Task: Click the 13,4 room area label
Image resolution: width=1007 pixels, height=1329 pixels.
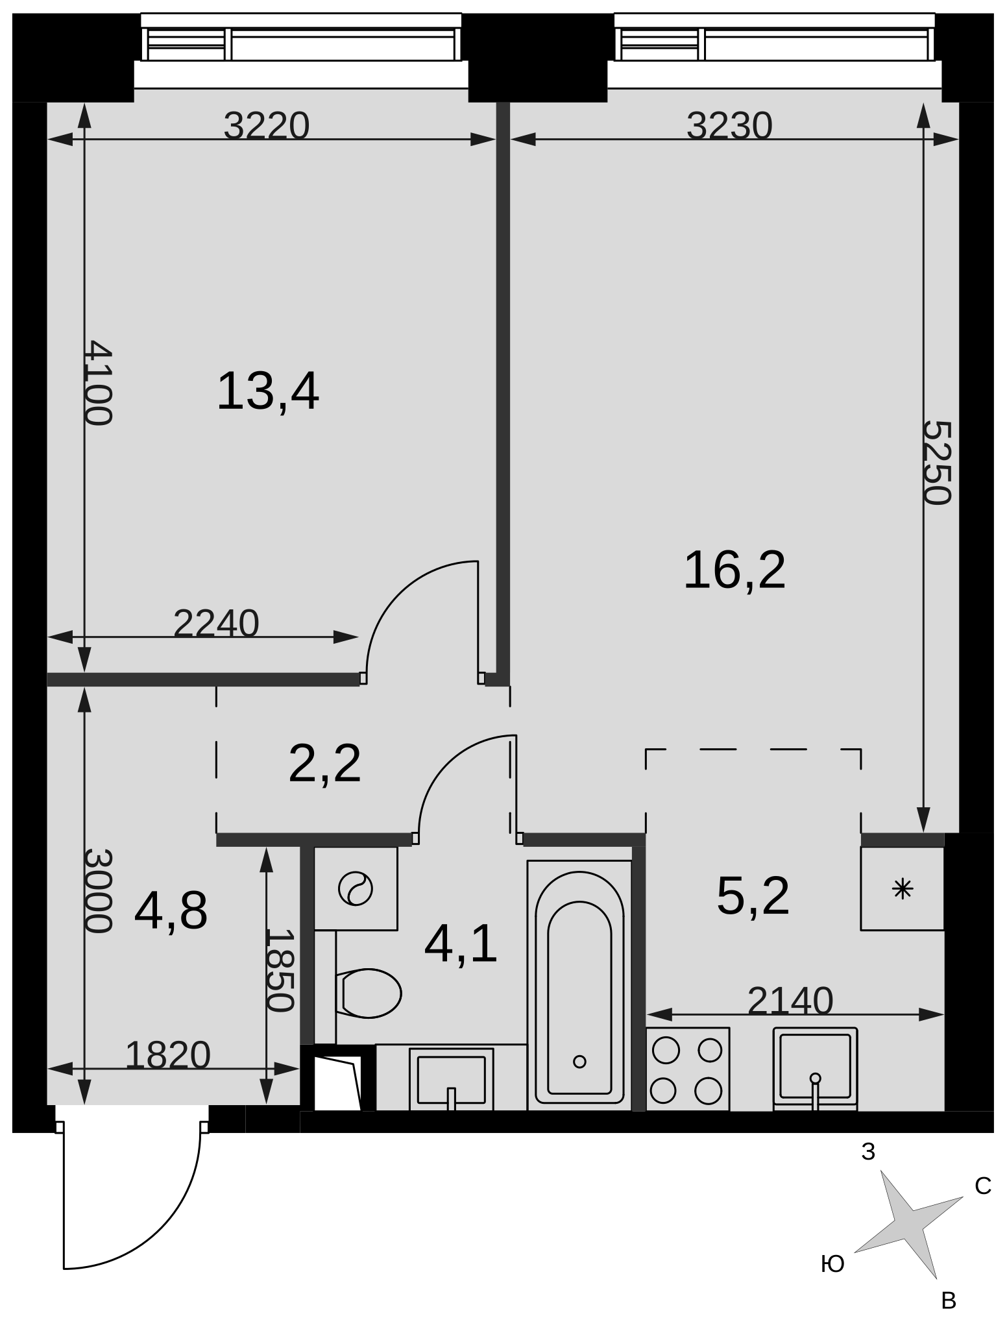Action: point(268,392)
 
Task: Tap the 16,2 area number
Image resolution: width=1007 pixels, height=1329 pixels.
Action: point(734,570)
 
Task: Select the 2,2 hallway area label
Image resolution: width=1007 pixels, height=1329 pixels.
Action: point(324,764)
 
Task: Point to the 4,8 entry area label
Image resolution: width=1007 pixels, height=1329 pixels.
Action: point(171,911)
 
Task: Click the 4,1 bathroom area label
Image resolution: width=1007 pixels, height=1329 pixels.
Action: point(461,945)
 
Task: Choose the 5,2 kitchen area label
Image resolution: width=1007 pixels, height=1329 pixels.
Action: point(753,896)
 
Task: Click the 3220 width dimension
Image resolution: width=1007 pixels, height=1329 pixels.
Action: point(267,126)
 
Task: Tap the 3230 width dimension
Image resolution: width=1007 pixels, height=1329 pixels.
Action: point(730,126)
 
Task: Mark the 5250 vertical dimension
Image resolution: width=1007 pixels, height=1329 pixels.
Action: point(938,462)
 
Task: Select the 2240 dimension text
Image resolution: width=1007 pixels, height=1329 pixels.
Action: point(217,624)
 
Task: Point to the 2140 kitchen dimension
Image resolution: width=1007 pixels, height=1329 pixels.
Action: point(790,1001)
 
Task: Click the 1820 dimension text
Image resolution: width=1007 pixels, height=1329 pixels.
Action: point(168,1055)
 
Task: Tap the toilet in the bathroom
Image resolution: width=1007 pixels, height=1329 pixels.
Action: point(369,993)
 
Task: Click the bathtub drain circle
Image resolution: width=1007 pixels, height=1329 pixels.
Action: point(580,1062)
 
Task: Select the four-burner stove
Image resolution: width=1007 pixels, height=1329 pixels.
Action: point(688,1069)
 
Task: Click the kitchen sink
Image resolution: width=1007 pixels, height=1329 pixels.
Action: point(815,1069)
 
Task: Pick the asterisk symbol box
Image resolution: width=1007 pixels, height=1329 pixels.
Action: point(903,888)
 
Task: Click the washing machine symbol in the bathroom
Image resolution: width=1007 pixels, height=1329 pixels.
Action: point(356,888)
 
